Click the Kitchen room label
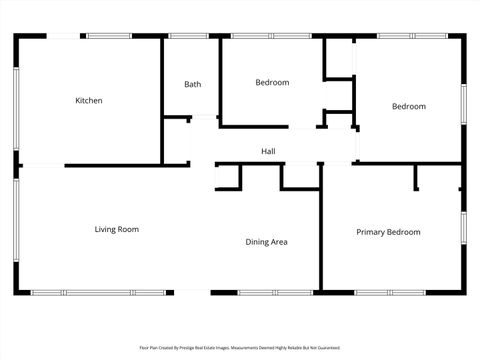pos(89,100)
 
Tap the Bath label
pos(192,84)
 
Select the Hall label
pos(268,151)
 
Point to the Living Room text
pos(116,229)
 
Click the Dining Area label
pos(267,241)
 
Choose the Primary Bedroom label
pos(388,232)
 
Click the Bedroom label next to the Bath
pos(272,82)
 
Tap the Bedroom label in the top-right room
pos(408,106)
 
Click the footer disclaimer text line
pos(240,348)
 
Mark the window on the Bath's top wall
pos(188,36)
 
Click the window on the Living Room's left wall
pos(16,230)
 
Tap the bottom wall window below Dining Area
pos(261,292)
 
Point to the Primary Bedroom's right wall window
pos(463,228)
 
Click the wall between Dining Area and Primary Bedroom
pos(320,230)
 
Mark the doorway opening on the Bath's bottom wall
pos(204,118)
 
